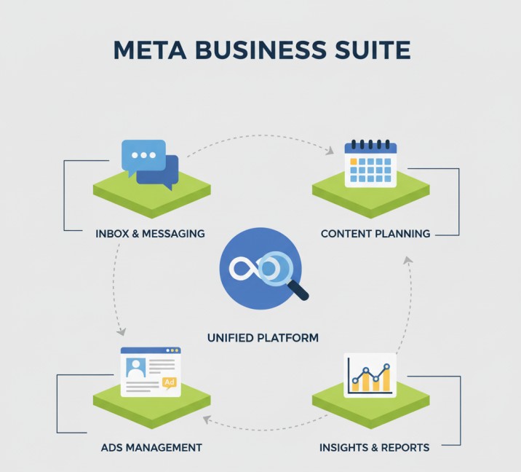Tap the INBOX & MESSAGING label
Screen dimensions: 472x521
coord(150,234)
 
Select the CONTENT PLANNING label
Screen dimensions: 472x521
coord(375,234)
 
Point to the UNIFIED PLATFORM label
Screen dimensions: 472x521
coord(263,338)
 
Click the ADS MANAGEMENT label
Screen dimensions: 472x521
coord(151,447)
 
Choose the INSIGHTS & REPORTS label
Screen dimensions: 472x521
coord(374,447)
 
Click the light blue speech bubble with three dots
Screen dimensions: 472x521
coord(143,156)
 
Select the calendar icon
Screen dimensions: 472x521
coord(370,164)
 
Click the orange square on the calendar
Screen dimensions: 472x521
coord(354,161)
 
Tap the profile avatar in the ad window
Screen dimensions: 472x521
coord(135,369)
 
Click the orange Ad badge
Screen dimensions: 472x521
coord(170,382)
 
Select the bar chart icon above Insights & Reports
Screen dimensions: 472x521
coord(370,374)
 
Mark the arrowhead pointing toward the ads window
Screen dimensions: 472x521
coord(118,333)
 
